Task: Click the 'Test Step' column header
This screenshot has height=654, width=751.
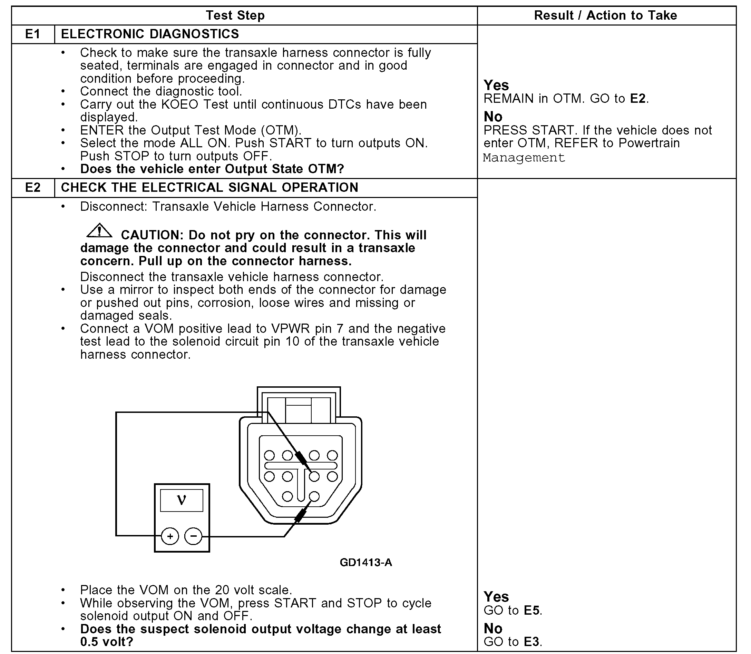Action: [235, 15]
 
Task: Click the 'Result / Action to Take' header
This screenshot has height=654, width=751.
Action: [605, 15]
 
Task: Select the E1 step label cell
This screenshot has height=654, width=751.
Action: [32, 34]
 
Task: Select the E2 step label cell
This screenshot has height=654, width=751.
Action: [32, 188]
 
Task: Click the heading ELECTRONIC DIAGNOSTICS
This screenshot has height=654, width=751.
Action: [150, 34]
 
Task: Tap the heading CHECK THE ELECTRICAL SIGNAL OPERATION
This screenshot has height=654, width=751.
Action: [209, 188]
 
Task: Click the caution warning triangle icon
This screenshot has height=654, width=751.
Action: [99, 231]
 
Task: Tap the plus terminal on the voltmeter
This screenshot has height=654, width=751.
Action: [170, 536]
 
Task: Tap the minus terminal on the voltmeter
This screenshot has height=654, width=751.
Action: [194, 536]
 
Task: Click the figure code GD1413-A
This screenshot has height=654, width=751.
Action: [366, 562]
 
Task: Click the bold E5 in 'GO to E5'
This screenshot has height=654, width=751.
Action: [531, 610]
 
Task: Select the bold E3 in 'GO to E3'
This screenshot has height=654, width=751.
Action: [531, 642]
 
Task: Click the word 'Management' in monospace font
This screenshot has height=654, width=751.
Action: [524, 158]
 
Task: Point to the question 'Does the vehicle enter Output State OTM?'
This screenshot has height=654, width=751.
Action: [212, 169]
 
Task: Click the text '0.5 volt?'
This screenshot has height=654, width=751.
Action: [107, 642]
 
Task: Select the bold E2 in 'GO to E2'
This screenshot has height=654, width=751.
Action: [638, 99]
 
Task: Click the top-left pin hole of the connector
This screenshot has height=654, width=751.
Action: [270, 455]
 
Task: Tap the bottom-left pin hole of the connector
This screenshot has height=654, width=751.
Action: [288, 496]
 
